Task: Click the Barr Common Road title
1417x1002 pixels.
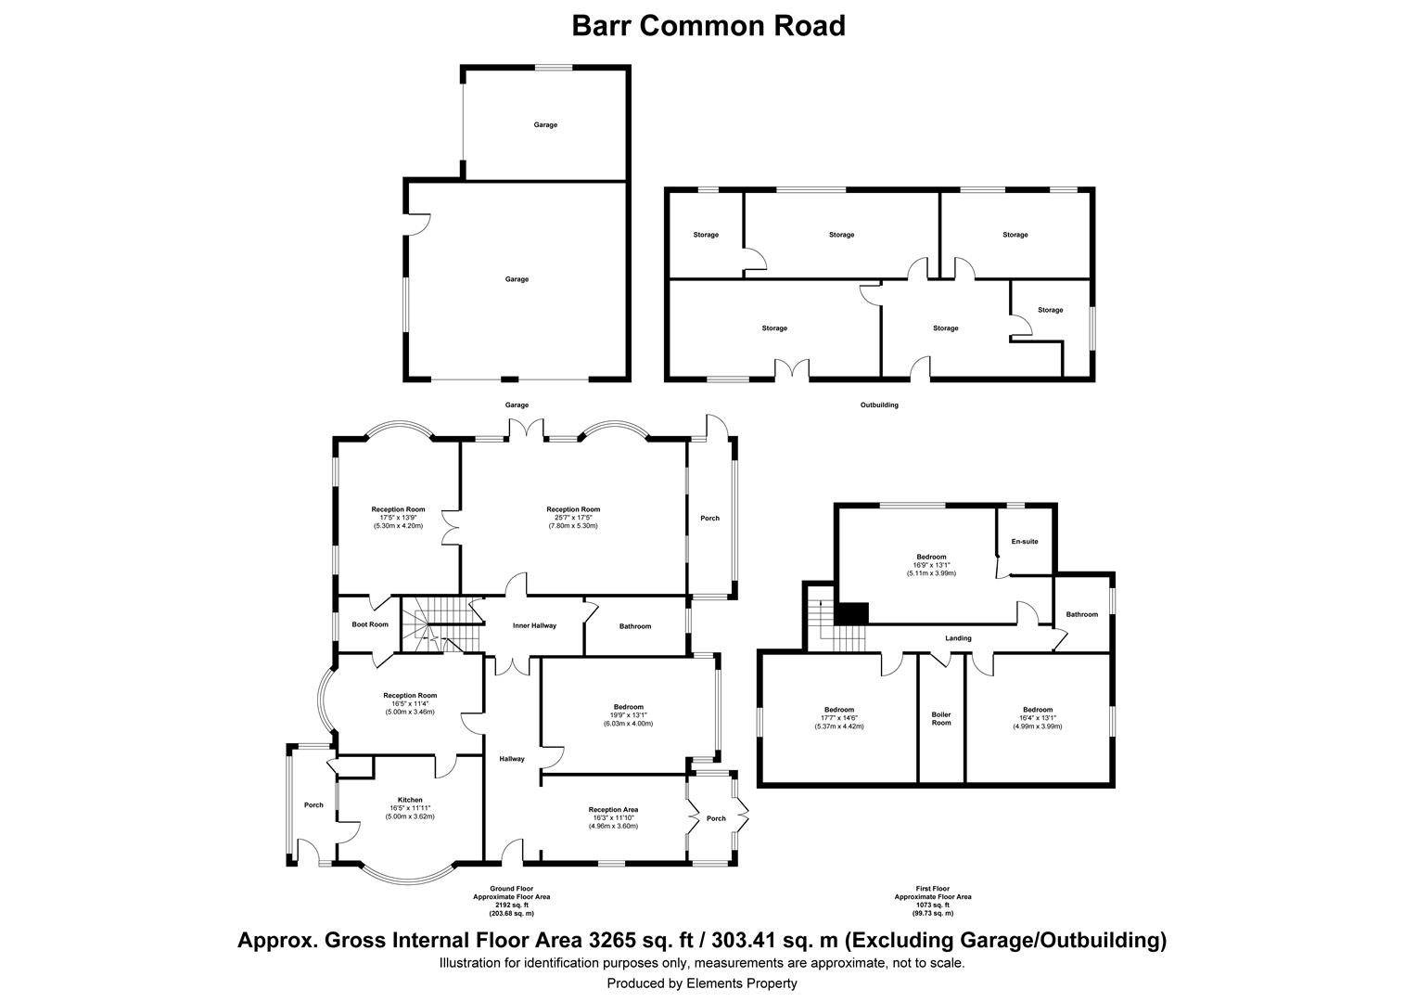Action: [708, 26]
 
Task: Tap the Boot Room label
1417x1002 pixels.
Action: [370, 624]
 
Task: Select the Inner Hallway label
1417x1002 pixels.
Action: [534, 625]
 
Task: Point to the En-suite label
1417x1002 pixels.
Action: [1025, 541]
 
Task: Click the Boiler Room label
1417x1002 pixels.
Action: [941, 718]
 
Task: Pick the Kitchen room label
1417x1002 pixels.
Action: [410, 800]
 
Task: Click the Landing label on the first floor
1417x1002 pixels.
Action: [958, 638]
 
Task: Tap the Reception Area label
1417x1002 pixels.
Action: [613, 810]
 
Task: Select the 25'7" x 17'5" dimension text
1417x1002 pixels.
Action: [573, 517]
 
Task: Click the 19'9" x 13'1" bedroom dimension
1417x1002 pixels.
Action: [628, 715]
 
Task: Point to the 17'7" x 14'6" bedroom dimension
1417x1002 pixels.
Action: [839, 718]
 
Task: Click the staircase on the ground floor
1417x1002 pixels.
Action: [442, 623]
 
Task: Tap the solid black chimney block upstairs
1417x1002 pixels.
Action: [851, 612]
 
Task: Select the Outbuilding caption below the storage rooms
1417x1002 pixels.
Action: [879, 405]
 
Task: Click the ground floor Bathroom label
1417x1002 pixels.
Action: [635, 626]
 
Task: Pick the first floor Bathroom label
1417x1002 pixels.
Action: [1081, 614]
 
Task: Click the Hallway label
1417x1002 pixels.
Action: [512, 758]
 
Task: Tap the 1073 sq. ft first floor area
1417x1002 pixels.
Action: [932, 906]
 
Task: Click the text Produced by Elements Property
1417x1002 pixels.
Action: [701, 983]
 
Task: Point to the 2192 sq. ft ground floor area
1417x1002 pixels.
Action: [511, 906]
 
